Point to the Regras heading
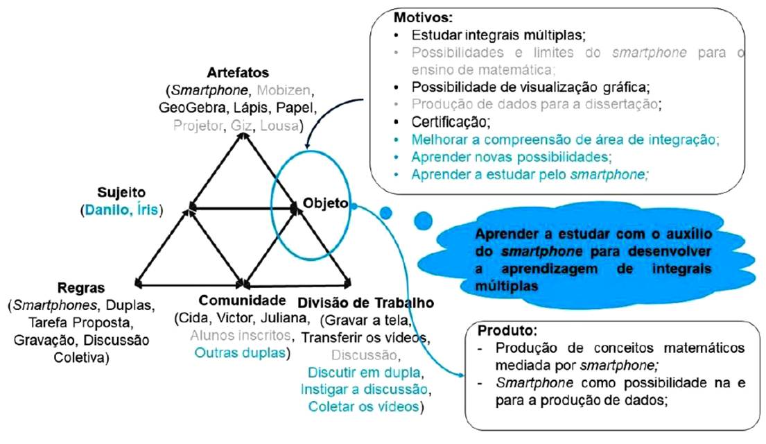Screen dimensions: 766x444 pos(80,287)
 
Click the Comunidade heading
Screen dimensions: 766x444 pos(242,300)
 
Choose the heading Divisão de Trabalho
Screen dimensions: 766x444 pos(365,303)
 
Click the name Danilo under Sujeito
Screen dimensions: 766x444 pos(107,208)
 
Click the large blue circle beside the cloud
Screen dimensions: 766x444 pos(422,220)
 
